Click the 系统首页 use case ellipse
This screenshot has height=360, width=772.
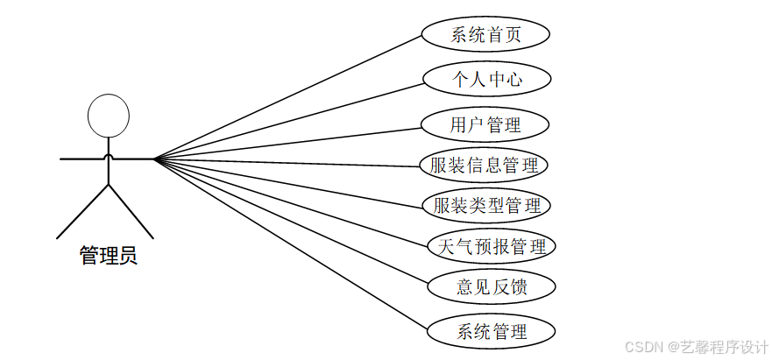(485, 35)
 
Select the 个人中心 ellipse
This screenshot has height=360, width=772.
(486, 80)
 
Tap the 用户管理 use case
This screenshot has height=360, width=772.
(485, 124)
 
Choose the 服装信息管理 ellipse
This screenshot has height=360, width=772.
(484, 165)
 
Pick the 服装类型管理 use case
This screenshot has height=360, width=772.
(487, 206)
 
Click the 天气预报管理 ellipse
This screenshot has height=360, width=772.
(491, 246)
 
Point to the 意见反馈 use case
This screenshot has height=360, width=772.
(492, 286)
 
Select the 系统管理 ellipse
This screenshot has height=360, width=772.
(492, 332)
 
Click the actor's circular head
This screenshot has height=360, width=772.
(109, 115)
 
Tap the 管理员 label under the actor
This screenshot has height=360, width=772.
(108, 256)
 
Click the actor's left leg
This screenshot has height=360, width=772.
(83, 211)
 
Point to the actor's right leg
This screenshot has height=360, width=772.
(131, 211)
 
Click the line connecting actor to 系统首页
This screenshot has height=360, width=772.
(289, 97)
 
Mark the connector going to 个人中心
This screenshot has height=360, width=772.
(289, 121)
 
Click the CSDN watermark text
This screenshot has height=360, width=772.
(698, 346)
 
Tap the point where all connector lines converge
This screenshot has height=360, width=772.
(155, 159)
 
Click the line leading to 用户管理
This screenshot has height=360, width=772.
(289, 143)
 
